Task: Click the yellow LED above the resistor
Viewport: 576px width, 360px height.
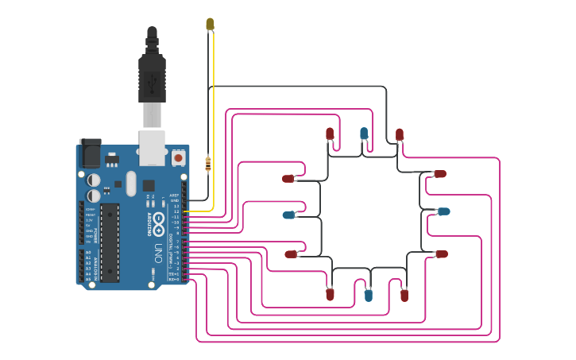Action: coord(210,24)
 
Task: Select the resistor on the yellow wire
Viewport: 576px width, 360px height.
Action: coord(208,164)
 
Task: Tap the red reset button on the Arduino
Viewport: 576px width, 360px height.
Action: coord(178,158)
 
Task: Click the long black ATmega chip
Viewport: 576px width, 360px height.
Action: coord(110,242)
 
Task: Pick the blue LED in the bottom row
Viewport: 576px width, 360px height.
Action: coord(368,295)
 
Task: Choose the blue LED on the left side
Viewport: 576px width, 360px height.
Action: coord(289,215)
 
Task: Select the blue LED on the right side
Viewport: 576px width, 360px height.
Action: coord(443,211)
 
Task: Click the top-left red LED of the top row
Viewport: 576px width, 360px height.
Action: coord(330,134)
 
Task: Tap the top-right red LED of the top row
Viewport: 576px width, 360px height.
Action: coord(400,134)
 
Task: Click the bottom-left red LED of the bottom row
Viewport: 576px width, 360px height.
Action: coord(330,294)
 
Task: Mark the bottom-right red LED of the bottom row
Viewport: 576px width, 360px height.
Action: coord(404,295)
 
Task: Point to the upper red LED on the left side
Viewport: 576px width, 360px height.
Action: coord(288,178)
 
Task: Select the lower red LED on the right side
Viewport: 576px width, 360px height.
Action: coord(441,254)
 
